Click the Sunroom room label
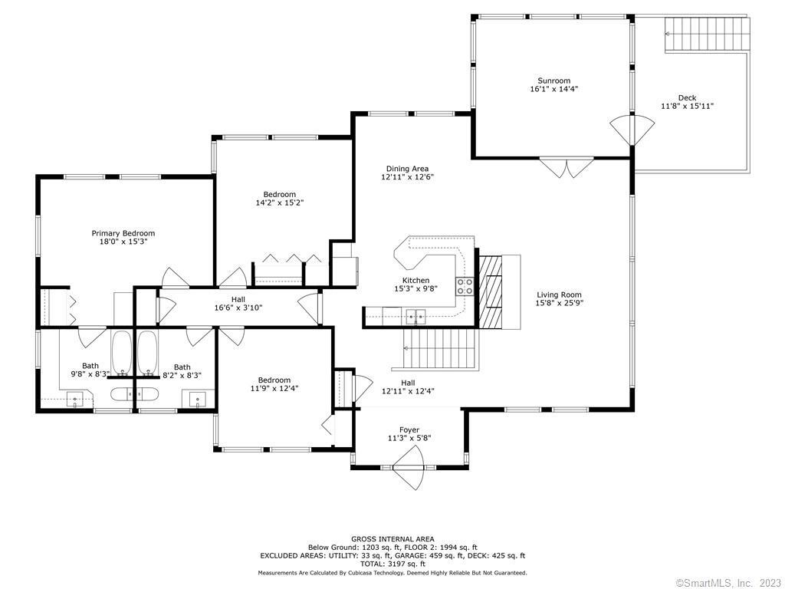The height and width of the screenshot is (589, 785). pos(553,81)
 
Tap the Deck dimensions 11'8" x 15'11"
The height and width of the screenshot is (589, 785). pos(687,106)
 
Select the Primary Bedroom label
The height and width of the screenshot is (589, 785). pos(123,233)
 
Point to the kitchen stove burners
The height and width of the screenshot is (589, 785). pos(464,286)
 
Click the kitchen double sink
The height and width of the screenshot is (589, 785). pos(415,315)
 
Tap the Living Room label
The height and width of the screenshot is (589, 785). pos(559,294)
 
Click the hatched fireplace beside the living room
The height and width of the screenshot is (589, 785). pos(491,292)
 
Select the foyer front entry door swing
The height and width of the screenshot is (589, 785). pos(409,467)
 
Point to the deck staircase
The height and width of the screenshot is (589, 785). pos(708,34)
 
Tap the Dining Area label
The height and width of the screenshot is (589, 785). pos(407,169)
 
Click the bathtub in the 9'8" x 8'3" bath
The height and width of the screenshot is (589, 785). pos(122,353)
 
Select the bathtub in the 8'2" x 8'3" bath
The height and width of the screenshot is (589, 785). pos(148,353)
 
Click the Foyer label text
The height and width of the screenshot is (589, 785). pos(409,429)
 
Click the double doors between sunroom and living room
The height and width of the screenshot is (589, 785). pos(567,167)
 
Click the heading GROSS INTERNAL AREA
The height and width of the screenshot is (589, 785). pos(392,539)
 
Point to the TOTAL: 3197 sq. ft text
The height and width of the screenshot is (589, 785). pos(393,564)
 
